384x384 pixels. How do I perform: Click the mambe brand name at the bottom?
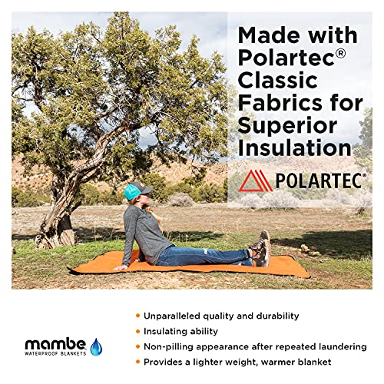point(53,343)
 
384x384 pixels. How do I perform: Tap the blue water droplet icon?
point(96,346)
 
